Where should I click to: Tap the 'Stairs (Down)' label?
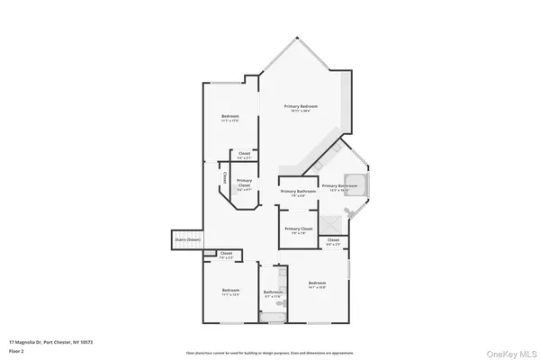click(186, 240)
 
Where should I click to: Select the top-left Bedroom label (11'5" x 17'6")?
click(231, 118)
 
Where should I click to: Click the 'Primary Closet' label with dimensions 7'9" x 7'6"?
click(298, 229)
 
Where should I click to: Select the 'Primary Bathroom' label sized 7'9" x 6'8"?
click(298, 193)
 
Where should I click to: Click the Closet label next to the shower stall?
click(333, 241)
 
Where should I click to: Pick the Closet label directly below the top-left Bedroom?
click(244, 155)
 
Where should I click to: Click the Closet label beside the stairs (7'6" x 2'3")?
click(225, 255)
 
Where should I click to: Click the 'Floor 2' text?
click(17, 351)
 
